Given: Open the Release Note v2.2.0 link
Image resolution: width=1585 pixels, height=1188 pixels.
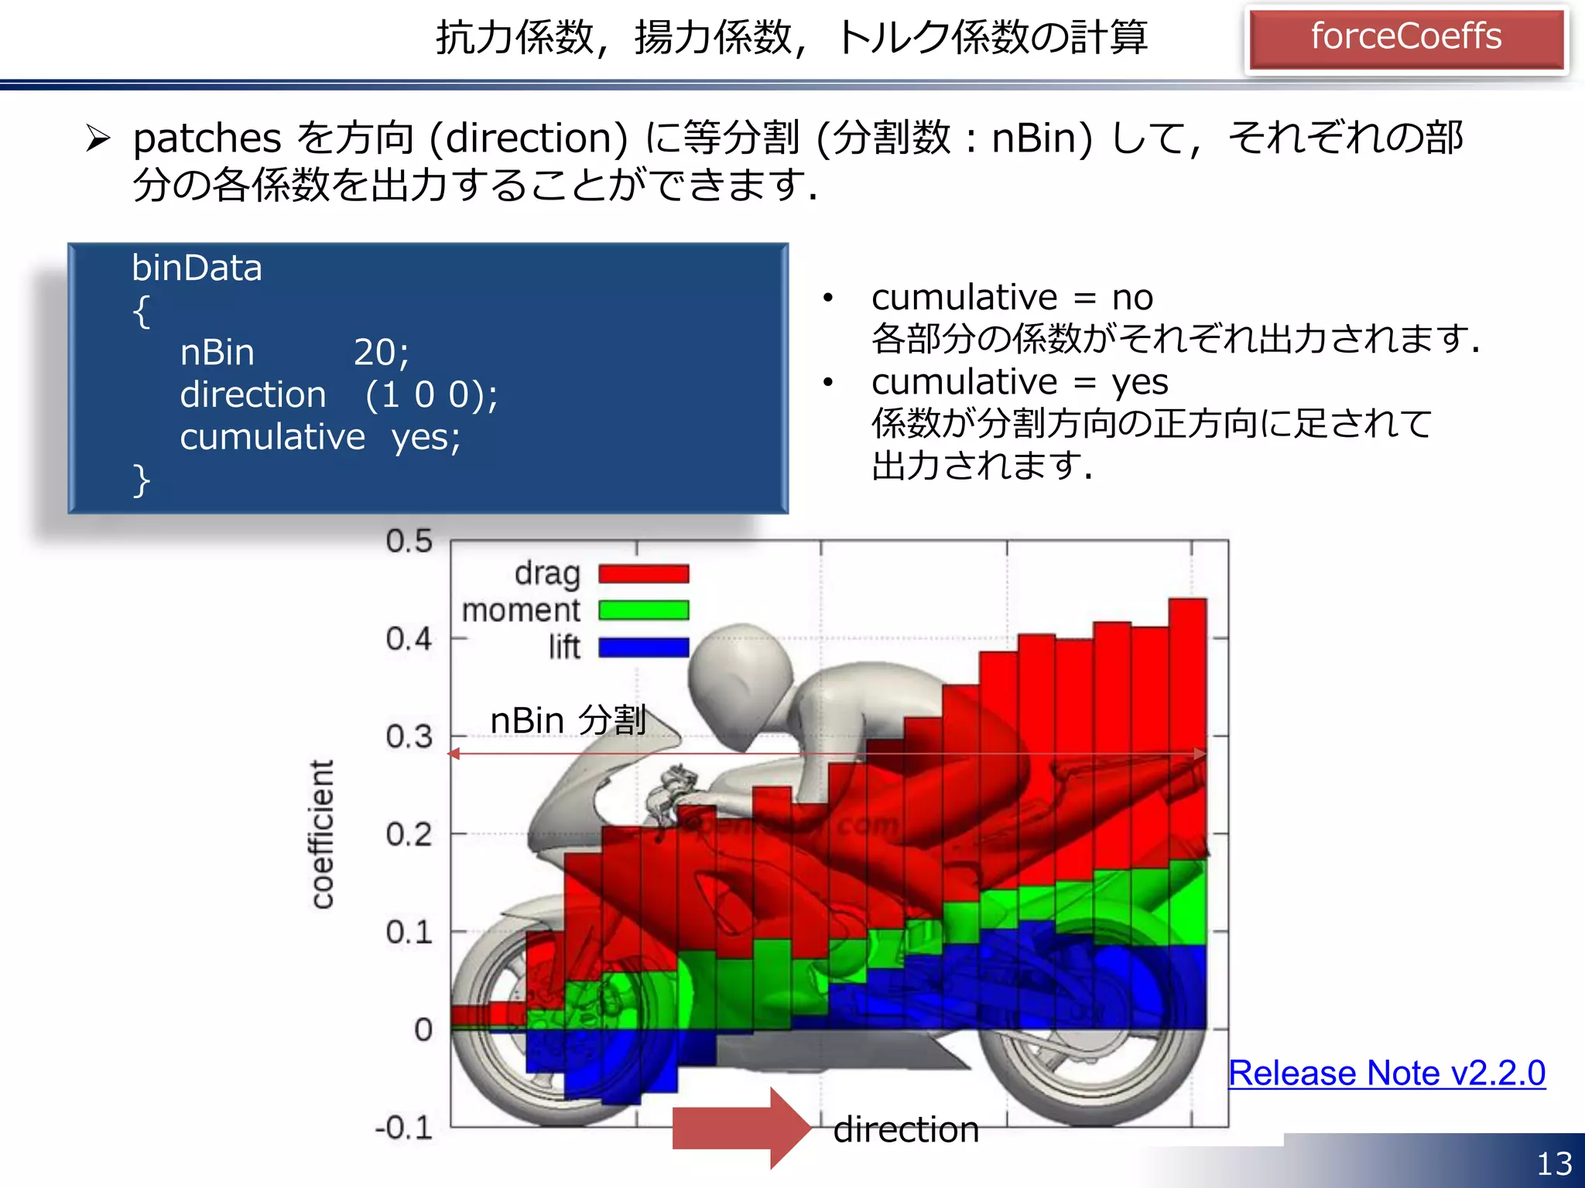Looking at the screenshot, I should coord(1387,1074).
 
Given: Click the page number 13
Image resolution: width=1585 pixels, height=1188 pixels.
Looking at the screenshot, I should coord(1554,1163).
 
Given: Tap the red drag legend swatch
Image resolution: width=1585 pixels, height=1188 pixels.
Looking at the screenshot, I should coord(643,574).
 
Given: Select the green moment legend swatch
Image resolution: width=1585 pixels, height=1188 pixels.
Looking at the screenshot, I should coord(643,610).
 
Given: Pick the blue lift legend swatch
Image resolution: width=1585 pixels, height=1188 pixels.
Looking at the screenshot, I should coord(643,647).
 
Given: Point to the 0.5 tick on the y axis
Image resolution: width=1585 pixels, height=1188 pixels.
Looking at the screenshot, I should coord(409,541).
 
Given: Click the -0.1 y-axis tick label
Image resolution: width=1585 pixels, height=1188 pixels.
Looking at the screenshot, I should coord(403,1128).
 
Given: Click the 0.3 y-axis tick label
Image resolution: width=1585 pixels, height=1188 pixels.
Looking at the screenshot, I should coord(409,737).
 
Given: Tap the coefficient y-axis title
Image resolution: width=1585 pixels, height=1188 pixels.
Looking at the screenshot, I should coord(322,834).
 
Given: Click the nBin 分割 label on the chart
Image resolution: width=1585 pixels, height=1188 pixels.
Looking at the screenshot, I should coord(568,721).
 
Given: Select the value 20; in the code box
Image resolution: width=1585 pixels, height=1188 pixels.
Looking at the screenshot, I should coord(381,353).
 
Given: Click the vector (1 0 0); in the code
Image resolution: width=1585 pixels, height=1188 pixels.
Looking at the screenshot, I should coord(431,395).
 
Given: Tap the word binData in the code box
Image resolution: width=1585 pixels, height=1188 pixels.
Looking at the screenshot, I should coord(197,268).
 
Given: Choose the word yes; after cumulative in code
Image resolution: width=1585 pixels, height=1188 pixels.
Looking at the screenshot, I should coord(426,438).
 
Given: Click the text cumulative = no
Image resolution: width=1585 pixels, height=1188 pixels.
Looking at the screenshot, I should coord(1012,298).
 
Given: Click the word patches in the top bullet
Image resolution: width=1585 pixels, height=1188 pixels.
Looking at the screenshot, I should coord(207,139).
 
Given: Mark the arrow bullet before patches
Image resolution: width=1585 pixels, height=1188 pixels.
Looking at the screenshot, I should coord(98,138).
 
